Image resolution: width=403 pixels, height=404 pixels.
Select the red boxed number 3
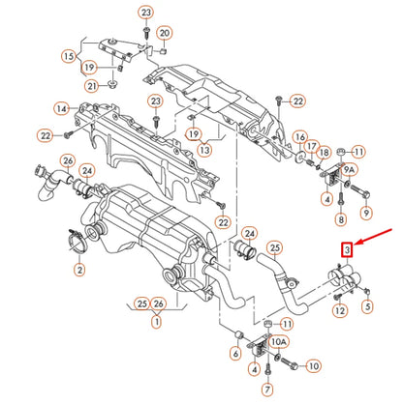345,250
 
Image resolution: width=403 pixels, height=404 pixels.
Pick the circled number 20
164,34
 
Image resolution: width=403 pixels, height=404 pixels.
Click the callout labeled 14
61,108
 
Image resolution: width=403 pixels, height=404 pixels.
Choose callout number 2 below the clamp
78,272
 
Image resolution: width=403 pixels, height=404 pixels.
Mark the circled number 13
204,151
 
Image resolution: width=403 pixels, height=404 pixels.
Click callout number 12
339,310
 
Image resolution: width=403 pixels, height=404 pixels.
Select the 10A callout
278,342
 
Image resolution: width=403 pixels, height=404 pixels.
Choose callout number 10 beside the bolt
312,366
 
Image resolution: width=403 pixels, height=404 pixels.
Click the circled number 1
154,322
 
